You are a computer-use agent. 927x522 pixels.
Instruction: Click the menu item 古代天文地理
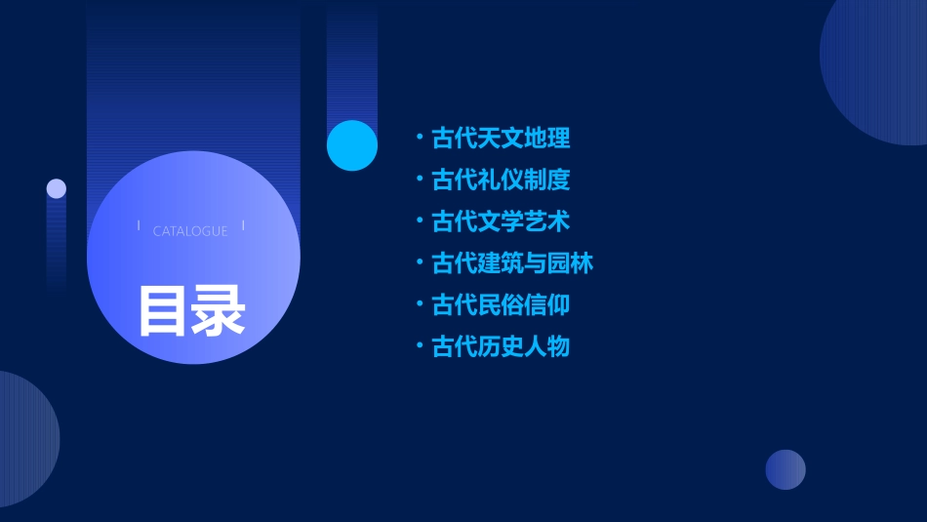pyautogui.click(x=501, y=139)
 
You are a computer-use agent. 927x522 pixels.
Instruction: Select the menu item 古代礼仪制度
pyautogui.click(x=501, y=181)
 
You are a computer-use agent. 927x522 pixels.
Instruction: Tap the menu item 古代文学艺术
pyautogui.click(x=501, y=221)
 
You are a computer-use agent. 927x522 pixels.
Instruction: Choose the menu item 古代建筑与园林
pyautogui.click(x=512, y=263)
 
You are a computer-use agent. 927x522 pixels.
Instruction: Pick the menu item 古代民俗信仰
pyautogui.click(x=501, y=305)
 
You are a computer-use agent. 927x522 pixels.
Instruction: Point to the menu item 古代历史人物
pyautogui.click(x=501, y=346)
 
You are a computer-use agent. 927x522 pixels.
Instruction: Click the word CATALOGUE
pyautogui.click(x=190, y=231)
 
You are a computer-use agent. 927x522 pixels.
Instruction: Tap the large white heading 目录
pyautogui.click(x=191, y=310)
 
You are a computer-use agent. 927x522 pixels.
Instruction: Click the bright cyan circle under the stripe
pyautogui.click(x=352, y=145)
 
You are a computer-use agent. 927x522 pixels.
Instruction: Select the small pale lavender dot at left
pyautogui.click(x=57, y=188)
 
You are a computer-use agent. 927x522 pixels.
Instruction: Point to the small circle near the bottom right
pyautogui.click(x=786, y=469)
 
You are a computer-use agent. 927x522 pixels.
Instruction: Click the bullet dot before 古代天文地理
pyautogui.click(x=419, y=137)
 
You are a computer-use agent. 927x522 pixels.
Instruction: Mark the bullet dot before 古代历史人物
pyautogui.click(x=419, y=344)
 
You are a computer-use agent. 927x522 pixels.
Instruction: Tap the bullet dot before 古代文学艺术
pyautogui.click(x=419, y=220)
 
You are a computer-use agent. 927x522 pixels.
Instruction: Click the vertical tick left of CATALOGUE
pyautogui.click(x=139, y=226)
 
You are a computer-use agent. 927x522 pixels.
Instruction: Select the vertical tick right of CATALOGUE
pyautogui.click(x=243, y=226)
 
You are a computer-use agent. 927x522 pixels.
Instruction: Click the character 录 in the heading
pyautogui.click(x=218, y=310)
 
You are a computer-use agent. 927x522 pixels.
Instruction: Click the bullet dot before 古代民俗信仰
pyautogui.click(x=419, y=303)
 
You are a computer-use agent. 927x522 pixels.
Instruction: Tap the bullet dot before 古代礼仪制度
pyautogui.click(x=419, y=179)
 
